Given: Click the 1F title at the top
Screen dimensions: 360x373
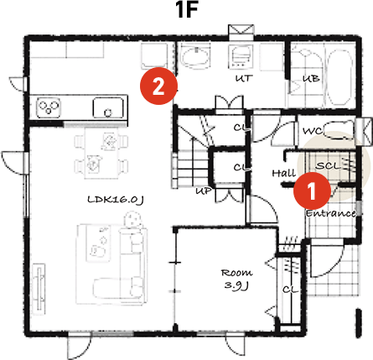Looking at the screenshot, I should pos(186,12).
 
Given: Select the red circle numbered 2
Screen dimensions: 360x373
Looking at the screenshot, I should pos(159,84).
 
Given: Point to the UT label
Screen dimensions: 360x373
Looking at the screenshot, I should pos(243,77).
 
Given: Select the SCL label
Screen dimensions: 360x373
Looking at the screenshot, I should pos(327,165).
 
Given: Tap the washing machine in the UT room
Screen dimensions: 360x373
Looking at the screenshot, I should pos(242,56).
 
